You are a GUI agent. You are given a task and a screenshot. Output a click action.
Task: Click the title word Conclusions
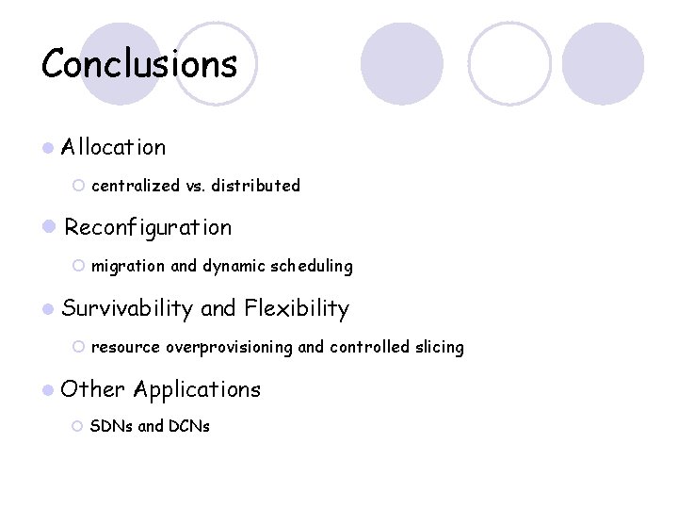(139, 64)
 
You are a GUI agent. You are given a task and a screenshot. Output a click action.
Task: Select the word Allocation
(114, 147)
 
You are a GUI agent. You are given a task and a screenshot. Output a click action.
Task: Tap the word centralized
(136, 186)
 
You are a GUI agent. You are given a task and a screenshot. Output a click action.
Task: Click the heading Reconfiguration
(148, 227)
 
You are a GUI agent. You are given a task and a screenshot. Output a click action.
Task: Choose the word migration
(128, 266)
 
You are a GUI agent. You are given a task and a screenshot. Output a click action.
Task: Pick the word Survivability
(127, 308)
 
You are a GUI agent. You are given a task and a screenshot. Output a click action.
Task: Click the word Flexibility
(297, 308)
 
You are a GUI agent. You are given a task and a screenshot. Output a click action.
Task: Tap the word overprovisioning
(230, 347)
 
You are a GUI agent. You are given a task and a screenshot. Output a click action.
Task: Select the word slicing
(440, 347)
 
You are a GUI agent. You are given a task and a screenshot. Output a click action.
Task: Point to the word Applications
(197, 388)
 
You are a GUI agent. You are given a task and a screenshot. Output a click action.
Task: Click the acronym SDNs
(112, 426)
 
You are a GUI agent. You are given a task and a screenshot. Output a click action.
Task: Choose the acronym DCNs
(188, 426)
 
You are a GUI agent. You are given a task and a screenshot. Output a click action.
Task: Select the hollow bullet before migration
(78, 267)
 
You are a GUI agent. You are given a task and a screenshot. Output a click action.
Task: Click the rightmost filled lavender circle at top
(603, 64)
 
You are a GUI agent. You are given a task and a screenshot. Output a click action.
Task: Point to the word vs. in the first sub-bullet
(195, 186)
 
